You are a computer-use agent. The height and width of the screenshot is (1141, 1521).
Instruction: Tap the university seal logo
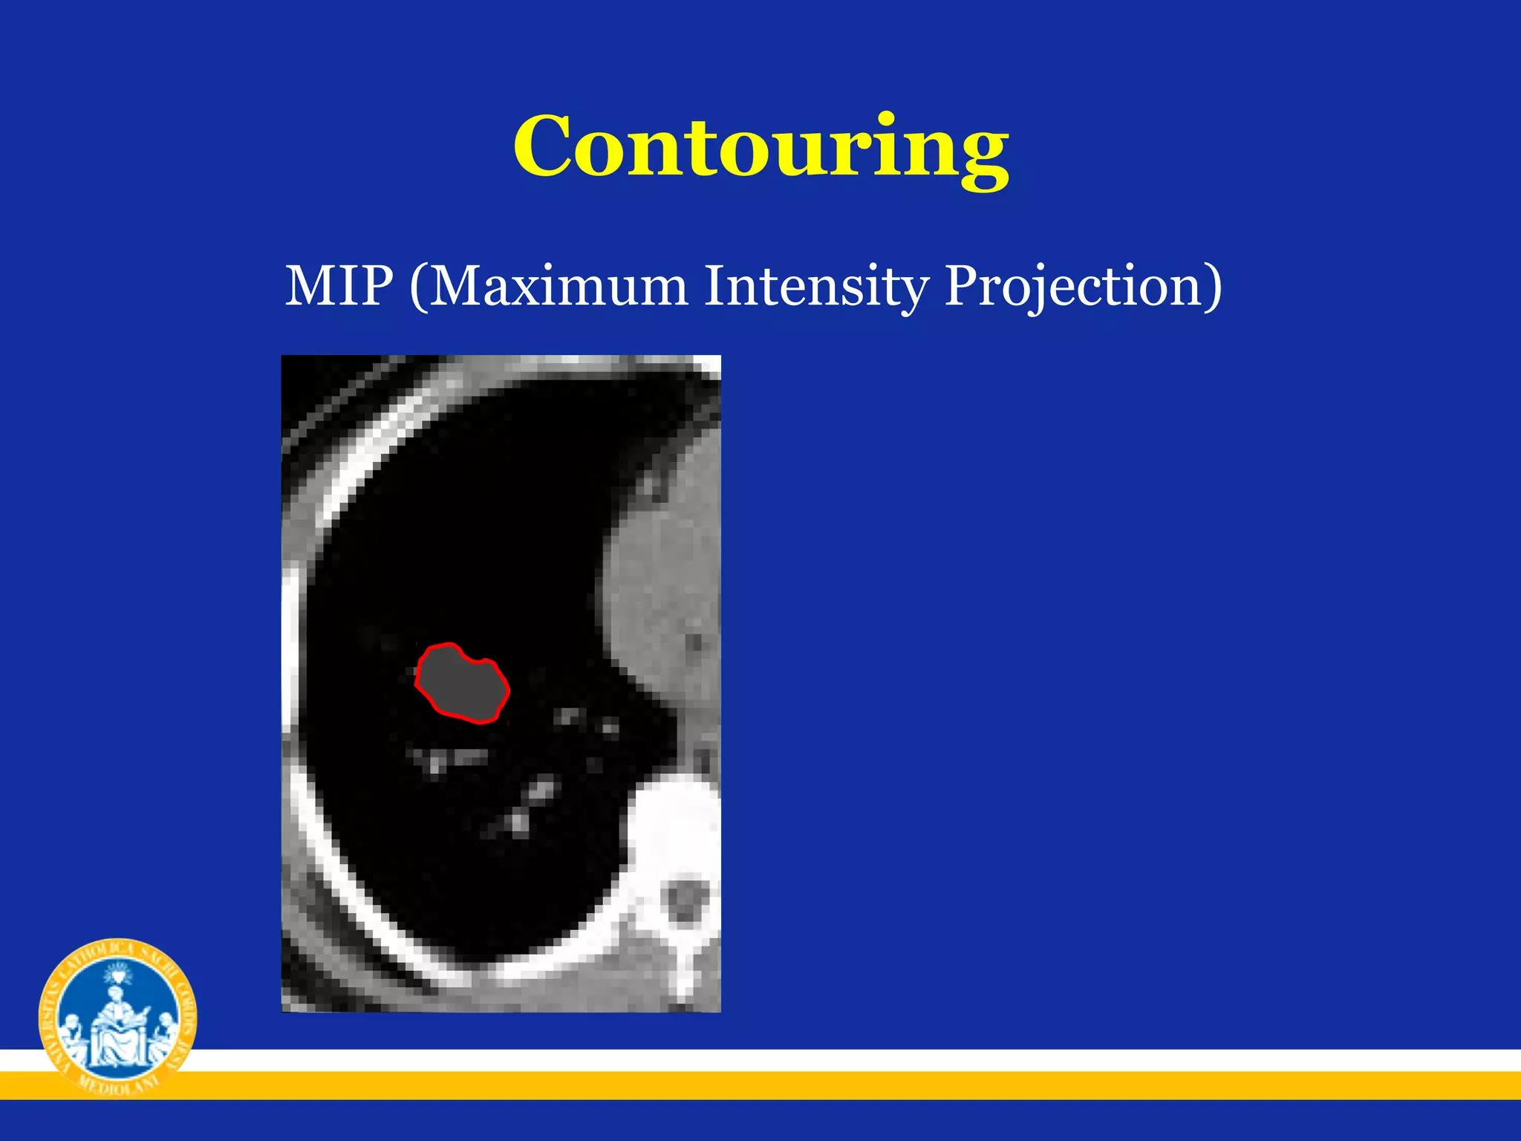pos(117,1016)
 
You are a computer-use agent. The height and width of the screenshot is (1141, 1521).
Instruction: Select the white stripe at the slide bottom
pos(817,1060)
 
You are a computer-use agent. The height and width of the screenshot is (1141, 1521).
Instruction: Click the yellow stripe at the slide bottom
pos(817,1085)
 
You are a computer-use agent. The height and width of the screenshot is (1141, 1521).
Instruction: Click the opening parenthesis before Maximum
pos(418,287)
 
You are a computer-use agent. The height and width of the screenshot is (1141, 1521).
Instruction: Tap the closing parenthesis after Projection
pos(1213,287)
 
